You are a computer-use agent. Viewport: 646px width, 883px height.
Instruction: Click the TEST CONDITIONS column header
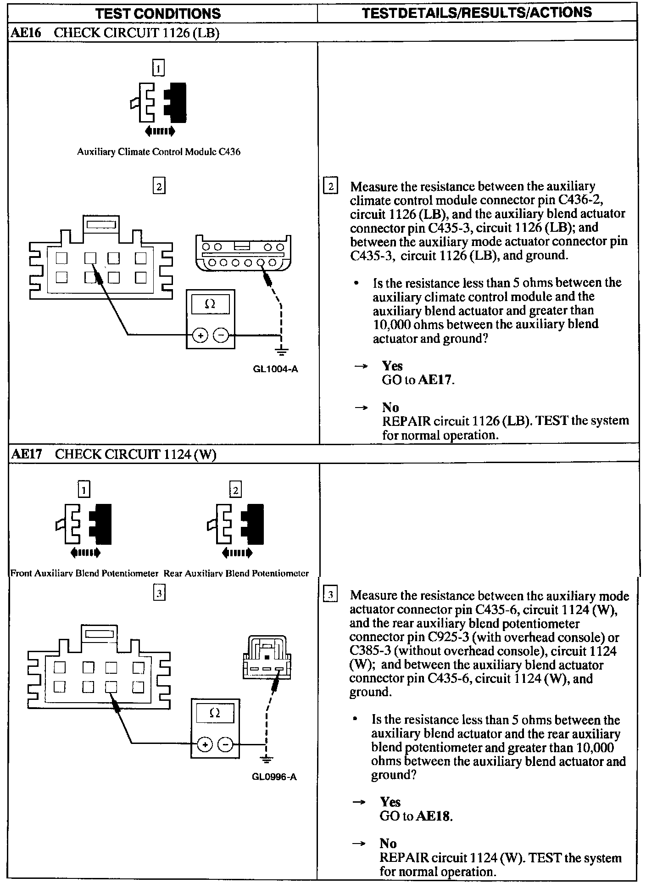click(x=158, y=13)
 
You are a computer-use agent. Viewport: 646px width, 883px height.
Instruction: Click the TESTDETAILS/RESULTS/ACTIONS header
click(x=477, y=12)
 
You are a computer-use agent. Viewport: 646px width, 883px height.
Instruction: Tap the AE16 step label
click(x=26, y=34)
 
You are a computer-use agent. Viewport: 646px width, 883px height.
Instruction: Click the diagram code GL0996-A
click(x=274, y=777)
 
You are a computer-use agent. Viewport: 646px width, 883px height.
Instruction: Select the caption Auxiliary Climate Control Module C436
click(x=158, y=152)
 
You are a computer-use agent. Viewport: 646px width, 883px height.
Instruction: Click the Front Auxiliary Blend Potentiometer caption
click(x=84, y=573)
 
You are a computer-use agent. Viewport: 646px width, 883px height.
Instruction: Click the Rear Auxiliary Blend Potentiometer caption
click(x=236, y=573)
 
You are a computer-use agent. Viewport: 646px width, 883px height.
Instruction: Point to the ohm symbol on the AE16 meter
click(x=210, y=304)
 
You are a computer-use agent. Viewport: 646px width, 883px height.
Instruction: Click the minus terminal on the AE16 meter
click(x=221, y=336)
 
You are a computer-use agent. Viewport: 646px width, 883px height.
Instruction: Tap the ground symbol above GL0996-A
click(x=265, y=759)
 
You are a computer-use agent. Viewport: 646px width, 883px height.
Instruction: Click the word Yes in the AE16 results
click(x=392, y=366)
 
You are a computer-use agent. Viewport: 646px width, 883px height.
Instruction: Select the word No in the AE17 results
click(x=388, y=843)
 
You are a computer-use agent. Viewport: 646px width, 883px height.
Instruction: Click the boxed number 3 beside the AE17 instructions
click(x=330, y=595)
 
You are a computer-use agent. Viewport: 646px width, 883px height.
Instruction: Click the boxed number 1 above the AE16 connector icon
click(x=158, y=69)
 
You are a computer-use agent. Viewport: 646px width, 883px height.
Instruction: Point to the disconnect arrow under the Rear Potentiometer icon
click(x=237, y=553)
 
